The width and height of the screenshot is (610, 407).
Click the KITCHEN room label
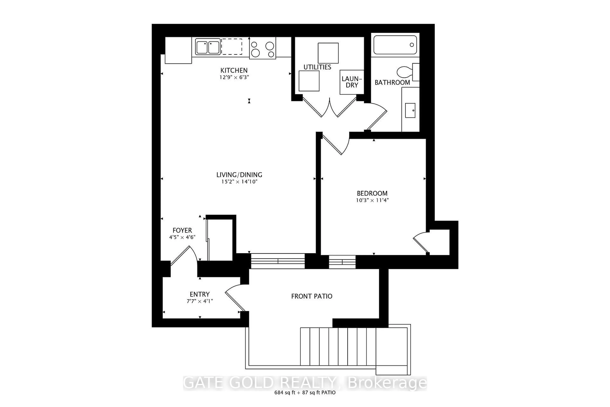[x=234, y=70]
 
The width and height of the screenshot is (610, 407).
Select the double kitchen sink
[x=208, y=47]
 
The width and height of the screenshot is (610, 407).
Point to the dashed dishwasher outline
[x=232, y=47]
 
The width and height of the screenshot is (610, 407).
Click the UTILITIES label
[x=317, y=67]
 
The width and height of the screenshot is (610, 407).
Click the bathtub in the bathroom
[x=395, y=45]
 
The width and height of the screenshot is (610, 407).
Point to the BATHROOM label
[x=392, y=83]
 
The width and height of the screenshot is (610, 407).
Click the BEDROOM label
[x=372, y=193]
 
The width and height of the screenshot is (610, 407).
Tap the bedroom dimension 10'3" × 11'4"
[x=372, y=200]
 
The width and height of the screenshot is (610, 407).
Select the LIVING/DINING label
[x=239, y=175]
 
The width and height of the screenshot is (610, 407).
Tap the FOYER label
[x=182, y=230]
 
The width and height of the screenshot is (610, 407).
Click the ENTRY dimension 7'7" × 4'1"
[x=200, y=301]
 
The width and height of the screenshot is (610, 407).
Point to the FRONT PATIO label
[x=312, y=296]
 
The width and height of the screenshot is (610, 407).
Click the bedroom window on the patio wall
[x=342, y=262]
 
